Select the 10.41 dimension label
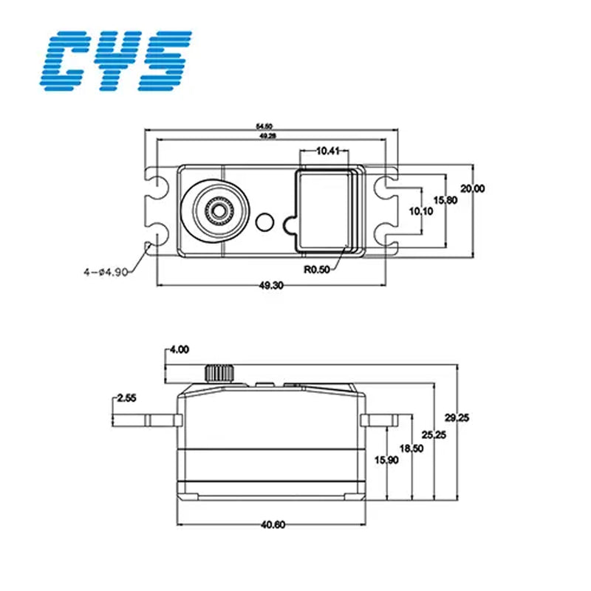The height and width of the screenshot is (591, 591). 327,151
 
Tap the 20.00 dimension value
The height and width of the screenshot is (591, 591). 472,188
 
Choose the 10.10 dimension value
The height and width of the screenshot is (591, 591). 421,211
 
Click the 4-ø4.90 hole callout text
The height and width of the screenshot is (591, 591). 106,272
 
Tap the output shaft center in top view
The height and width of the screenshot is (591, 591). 217,209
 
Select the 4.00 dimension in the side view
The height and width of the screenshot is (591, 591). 180,349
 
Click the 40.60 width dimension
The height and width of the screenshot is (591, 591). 273,525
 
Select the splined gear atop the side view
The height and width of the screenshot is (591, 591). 218,372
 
